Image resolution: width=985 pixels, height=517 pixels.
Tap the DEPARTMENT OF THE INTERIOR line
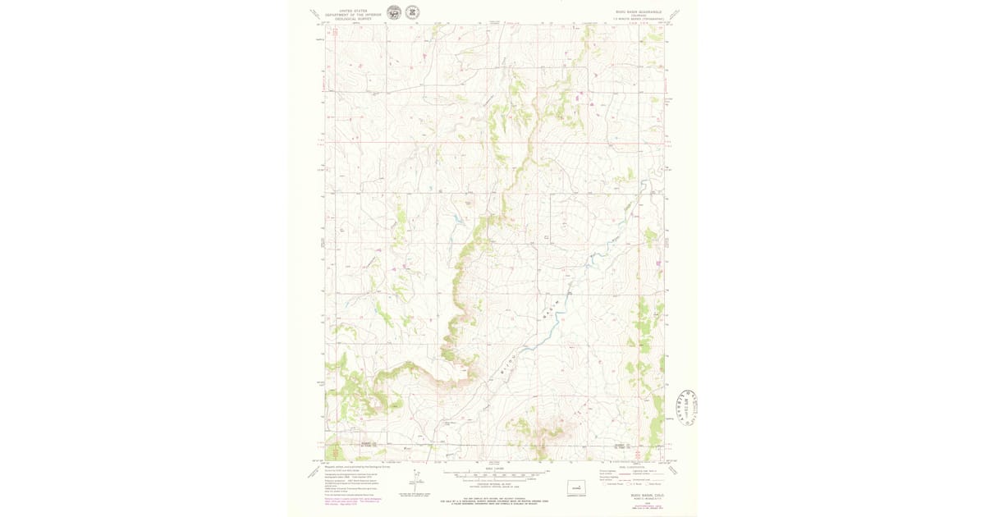pyautogui.click(x=353, y=15)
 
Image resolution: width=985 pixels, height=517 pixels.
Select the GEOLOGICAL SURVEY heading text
pyautogui.click(x=353, y=19)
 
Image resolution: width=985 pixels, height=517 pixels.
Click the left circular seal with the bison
pyautogui.click(x=394, y=12)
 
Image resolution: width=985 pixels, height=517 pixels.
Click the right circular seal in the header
pyautogui.click(x=412, y=12)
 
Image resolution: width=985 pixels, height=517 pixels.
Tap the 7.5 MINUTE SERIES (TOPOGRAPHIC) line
pyautogui.click(x=637, y=19)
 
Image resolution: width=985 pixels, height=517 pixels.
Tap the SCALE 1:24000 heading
pyautogui.click(x=493, y=468)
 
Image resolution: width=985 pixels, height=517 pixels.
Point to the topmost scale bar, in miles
pyautogui.click(x=493, y=473)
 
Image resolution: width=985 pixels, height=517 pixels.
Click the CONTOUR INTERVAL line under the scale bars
pyautogui.click(x=493, y=487)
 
